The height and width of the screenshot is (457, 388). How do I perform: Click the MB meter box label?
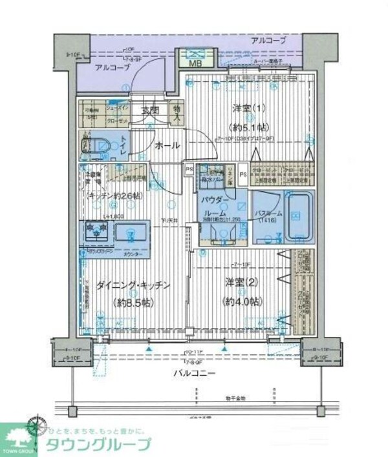195,63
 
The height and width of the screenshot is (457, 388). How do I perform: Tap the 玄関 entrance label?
149,110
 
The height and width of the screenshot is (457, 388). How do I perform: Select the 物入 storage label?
175,114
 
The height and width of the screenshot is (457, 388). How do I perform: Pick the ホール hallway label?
167,147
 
